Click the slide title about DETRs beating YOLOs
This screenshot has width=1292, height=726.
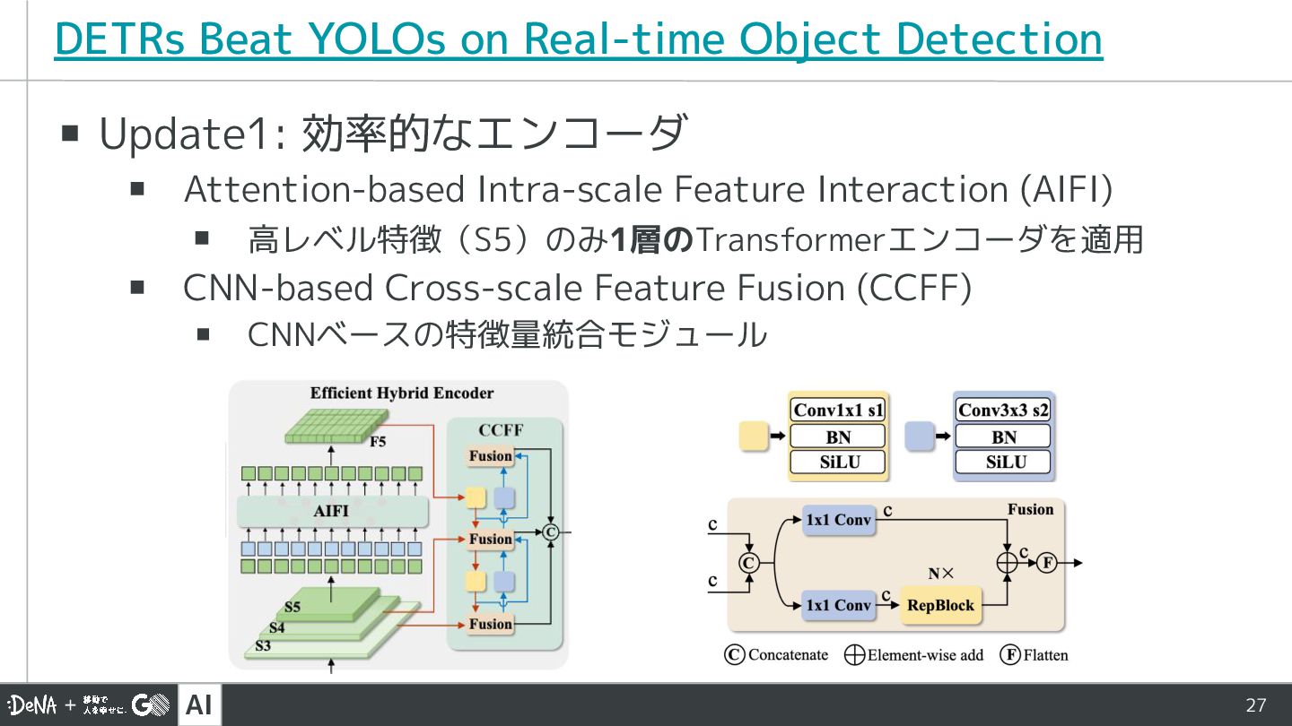tap(578, 39)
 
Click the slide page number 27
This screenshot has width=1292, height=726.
tap(1256, 705)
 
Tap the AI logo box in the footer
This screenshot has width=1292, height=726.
tap(199, 705)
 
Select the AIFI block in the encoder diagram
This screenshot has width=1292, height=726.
tap(331, 512)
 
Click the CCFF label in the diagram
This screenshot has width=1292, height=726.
tap(500, 430)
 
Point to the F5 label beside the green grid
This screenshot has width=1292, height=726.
tap(379, 441)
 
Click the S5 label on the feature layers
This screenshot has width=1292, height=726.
tap(292, 607)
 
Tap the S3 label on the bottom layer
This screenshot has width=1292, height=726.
tap(263, 645)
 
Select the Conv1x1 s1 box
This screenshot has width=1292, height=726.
tap(838, 411)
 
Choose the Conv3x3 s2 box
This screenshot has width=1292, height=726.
tap(1003, 411)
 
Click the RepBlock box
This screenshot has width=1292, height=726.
tap(940, 606)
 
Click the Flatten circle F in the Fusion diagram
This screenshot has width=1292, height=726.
tap(1045, 563)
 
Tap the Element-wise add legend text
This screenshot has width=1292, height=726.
tap(924, 655)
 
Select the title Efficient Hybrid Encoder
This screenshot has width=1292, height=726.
tap(402, 393)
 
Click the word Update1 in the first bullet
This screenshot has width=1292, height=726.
tap(189, 134)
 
